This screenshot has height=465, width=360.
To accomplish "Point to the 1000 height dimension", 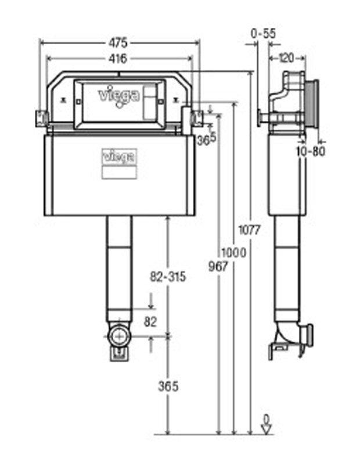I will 234,253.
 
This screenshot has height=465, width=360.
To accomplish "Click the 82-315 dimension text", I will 168,277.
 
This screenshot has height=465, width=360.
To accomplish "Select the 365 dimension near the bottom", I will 167,386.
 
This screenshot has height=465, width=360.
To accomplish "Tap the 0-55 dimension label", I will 263,34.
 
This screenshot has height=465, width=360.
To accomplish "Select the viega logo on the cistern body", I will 120,156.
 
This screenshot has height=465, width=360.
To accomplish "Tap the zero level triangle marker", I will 267,430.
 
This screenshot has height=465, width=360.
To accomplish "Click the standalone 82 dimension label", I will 150,323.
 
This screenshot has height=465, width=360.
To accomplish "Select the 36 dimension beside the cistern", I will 202,139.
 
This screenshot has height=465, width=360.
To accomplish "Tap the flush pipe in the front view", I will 120,267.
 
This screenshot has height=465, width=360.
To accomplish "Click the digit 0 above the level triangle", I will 267,418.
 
